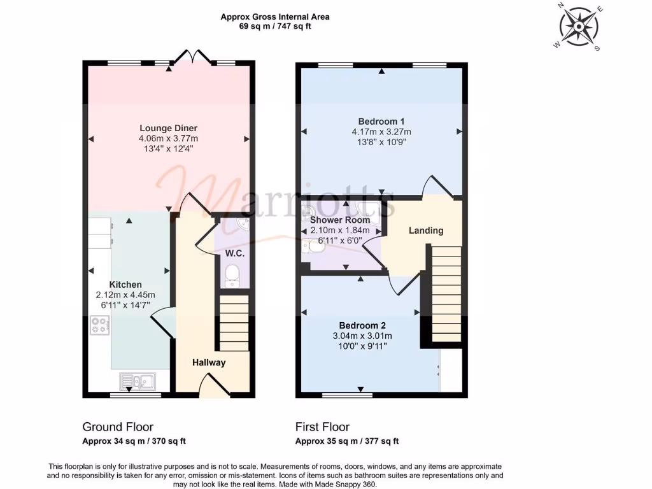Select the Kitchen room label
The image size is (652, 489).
click(x=125, y=285)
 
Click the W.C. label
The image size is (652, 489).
click(x=235, y=253)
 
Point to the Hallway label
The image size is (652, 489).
click(x=209, y=363)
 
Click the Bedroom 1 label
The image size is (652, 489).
click(x=381, y=122)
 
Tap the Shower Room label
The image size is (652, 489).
click(x=339, y=220)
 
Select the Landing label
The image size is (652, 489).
click(x=426, y=230)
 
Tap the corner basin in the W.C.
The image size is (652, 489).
click(x=241, y=225)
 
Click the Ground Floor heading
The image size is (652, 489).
click(x=118, y=427)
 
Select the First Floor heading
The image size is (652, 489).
click(x=322, y=427)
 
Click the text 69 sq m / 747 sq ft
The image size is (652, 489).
click(x=275, y=27)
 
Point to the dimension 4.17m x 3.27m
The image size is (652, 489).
click(x=381, y=132)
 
